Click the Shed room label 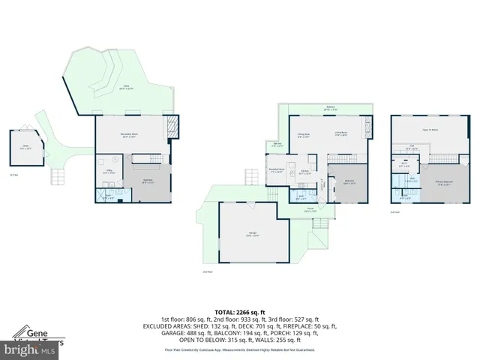25,147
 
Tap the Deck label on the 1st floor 127,88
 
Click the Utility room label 107,171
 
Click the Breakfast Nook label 274,169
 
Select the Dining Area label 304,136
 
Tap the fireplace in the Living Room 367,124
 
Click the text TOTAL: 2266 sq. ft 240,311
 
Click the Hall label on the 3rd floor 412,147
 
